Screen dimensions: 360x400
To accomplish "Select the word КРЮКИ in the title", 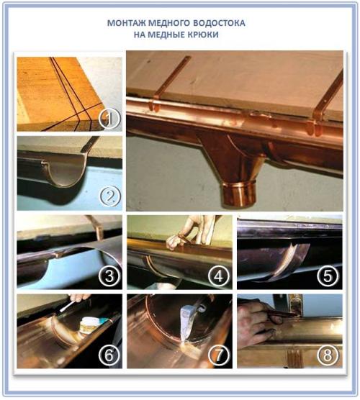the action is coord(204,35).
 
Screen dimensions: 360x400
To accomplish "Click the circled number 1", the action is coord(109,119).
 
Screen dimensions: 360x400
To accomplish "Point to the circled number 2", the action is coord(110,197).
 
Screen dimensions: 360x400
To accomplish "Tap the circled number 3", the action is coord(109,276).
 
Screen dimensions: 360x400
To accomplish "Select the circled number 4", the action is coord(219,276).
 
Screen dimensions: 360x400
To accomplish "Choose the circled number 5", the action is coord(328,276).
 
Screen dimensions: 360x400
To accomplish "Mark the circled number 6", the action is coord(109,355).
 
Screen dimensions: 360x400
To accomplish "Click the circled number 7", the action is coord(219,355).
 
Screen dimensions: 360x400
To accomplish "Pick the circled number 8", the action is coord(328,355).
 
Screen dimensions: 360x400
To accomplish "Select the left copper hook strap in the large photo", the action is coord(168,84).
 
